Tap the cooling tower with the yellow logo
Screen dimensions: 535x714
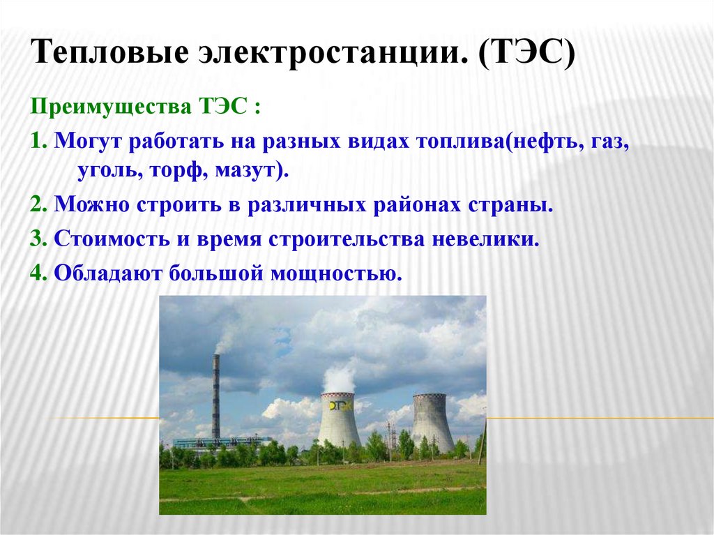pyautogui.click(x=339, y=422)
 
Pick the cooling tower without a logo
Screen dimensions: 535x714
pyautogui.click(x=432, y=422)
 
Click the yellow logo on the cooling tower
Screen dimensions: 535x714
pyautogui.click(x=337, y=405)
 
